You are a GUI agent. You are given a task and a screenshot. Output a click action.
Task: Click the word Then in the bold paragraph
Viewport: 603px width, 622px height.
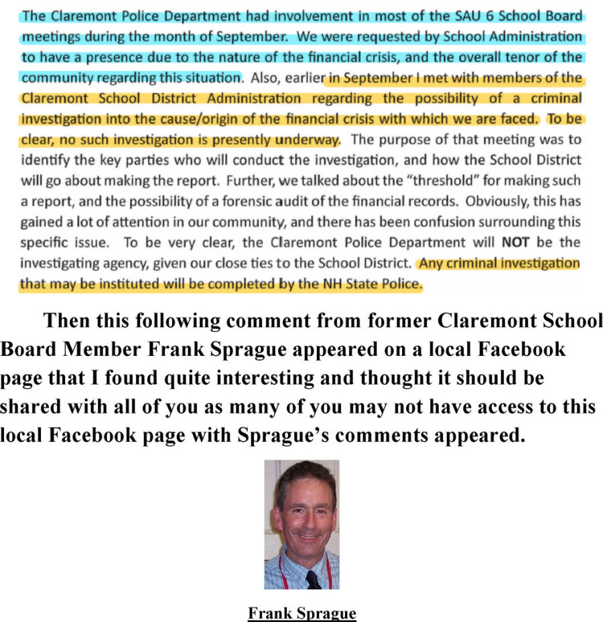(x=67, y=321)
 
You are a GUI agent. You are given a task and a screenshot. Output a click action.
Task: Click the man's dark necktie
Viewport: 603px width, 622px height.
(x=313, y=578)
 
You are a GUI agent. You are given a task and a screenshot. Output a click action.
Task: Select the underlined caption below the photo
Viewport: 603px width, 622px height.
(x=301, y=613)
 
